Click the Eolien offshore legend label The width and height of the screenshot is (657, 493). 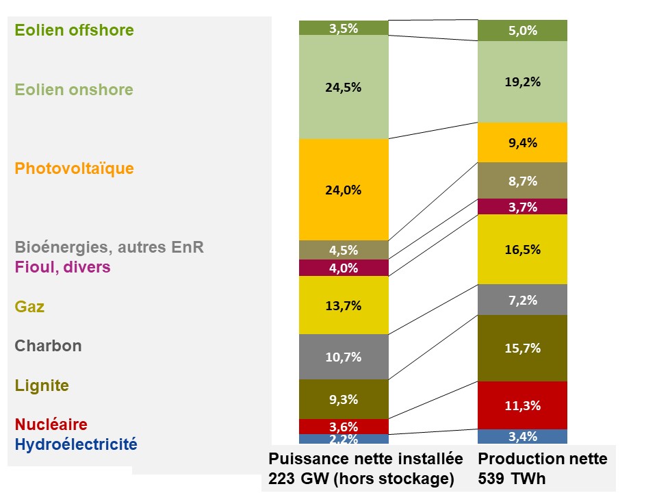75,30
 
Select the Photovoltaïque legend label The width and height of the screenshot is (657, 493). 75,168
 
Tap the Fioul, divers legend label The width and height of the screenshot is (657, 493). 63,266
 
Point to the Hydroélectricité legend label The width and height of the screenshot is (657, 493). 76,444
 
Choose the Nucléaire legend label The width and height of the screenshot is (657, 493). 51,425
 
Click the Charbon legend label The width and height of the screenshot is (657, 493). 49,346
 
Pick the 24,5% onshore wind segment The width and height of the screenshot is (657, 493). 344,87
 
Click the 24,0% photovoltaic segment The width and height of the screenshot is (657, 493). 344,190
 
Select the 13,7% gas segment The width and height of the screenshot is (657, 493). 344,305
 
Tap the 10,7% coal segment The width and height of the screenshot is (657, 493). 344,357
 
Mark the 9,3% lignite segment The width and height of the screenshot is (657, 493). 344,399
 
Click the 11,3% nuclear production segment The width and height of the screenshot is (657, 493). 522,405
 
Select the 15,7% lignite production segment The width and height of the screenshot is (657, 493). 522,348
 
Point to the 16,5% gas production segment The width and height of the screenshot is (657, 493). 522,249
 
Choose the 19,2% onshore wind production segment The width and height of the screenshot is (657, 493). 522,81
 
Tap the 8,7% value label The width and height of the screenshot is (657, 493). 522,181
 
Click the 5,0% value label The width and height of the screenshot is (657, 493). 522,31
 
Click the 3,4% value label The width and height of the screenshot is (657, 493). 522,437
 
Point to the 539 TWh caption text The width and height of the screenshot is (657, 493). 512,478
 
